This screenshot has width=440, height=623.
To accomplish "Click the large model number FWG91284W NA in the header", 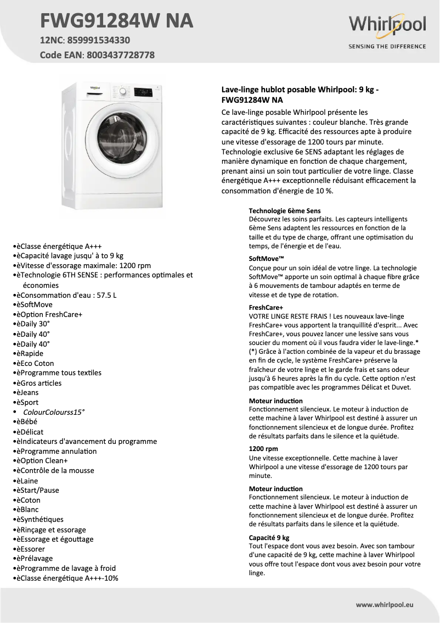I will coord(117,20).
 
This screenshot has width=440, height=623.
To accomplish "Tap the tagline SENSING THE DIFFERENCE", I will coord(387,47).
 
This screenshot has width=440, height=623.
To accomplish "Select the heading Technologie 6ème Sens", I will coord(285,210).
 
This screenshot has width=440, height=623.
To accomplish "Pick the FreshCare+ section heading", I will coord(266,308).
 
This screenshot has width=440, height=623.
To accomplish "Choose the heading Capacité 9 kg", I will coord(269,537).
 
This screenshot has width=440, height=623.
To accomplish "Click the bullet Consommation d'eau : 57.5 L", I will coord(66,295).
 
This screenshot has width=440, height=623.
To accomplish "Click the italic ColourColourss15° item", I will coord(54,412).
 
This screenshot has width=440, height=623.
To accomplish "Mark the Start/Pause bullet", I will coord(37,490).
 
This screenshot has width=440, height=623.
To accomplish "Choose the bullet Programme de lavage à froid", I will coord(66,568).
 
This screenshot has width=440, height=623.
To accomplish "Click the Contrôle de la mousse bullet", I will coord(55,470).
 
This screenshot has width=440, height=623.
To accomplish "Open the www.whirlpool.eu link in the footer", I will coord(385,604).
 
